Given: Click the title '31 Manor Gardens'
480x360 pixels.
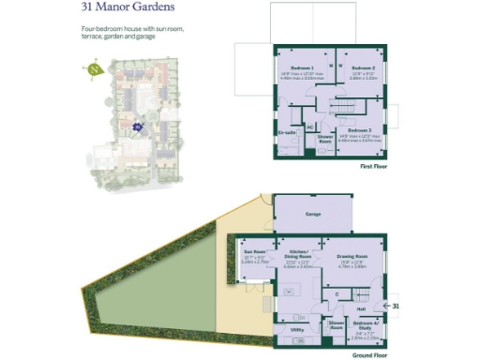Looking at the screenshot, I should [x=127, y=8].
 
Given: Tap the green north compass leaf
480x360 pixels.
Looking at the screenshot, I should [x=94, y=68].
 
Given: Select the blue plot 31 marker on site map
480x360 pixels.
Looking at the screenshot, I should [x=138, y=126].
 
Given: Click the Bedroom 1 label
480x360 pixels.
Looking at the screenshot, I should [x=301, y=69].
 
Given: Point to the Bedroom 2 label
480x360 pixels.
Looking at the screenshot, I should [x=363, y=69].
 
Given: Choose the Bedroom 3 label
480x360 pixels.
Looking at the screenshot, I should [x=360, y=130].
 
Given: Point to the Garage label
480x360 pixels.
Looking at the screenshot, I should [x=313, y=215].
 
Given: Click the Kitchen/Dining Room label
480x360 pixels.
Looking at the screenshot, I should [x=299, y=254].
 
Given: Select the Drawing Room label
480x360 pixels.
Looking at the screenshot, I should [x=352, y=256].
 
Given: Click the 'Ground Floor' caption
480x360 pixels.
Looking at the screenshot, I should [x=370, y=355].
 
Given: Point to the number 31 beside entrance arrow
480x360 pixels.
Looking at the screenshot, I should [x=396, y=306].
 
